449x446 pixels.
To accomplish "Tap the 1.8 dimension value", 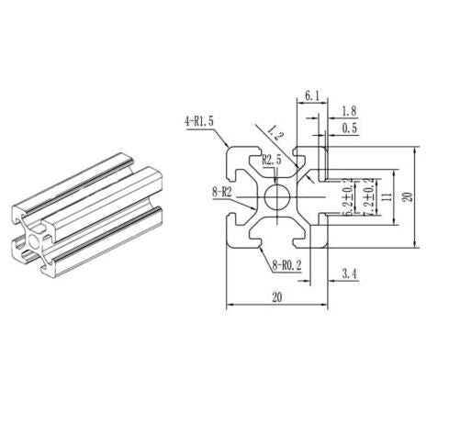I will point(350,110).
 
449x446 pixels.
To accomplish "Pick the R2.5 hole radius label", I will point(272,161).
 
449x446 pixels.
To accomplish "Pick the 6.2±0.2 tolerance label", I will point(346,197).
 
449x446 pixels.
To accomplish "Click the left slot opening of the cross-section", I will point(230,196).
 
